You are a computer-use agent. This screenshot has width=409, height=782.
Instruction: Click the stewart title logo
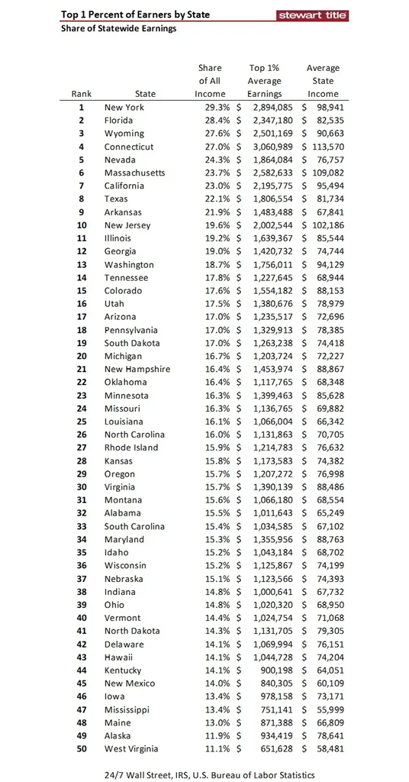coord(312,15)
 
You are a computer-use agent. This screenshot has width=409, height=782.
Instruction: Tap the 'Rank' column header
coord(82,94)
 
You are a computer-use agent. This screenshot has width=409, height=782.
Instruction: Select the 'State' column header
coord(145,94)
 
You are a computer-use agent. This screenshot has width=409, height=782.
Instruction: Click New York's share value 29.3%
coord(210,108)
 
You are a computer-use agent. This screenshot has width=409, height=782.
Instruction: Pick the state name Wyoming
coord(124,134)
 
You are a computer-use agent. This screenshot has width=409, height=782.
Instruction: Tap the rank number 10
coord(82,225)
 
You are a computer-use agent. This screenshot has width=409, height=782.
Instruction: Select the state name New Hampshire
coord(137,369)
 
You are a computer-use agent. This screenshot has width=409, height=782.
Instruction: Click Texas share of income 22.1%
coord(210,199)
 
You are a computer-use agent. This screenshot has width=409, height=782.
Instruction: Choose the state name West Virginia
coord(131,748)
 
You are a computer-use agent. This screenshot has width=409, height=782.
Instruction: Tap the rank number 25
coord(82,422)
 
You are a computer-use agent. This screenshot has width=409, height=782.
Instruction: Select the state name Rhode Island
coord(131,448)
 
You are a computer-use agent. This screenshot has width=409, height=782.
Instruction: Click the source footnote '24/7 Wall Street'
coord(137,774)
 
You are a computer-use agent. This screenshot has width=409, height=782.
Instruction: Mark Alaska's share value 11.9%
coord(210,735)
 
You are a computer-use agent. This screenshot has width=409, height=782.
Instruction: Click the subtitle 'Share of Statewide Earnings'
coord(118,29)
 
